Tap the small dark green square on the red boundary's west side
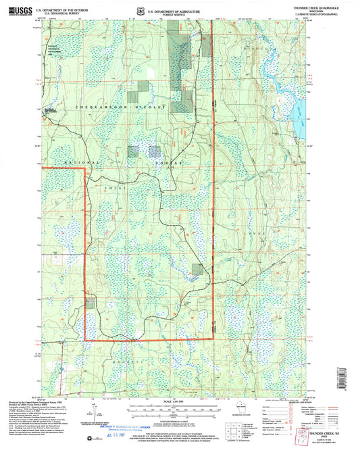click(x=89, y=305)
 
